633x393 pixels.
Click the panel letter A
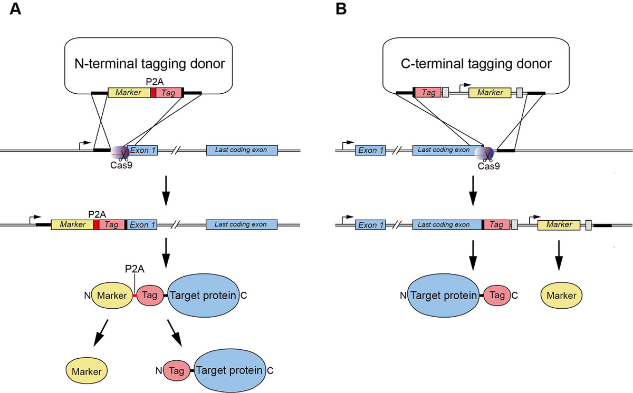point(15,11)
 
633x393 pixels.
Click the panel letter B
point(341,11)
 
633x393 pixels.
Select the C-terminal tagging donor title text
point(476,64)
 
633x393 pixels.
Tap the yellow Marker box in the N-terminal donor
point(129,93)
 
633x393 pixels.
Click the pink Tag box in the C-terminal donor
point(428,93)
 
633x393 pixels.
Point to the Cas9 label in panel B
point(488,166)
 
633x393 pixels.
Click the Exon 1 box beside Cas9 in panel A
point(142,150)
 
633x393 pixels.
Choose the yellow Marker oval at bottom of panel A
point(87,371)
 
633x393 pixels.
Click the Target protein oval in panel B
point(444,295)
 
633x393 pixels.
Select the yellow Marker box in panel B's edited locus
point(559,225)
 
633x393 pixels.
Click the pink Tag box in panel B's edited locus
point(497,225)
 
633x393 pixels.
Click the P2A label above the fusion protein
point(135,270)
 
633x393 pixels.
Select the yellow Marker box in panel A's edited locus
point(72,225)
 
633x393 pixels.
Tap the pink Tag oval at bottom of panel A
point(177,371)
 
